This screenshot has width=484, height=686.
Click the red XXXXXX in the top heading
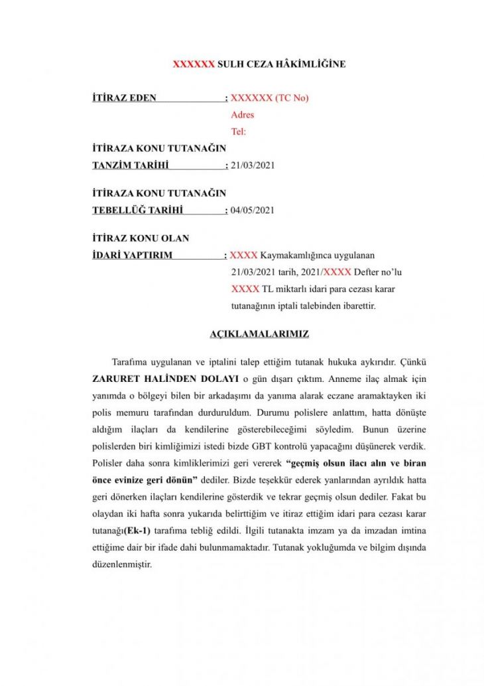pos(194,64)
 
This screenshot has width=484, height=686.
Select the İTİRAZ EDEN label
pos(125,98)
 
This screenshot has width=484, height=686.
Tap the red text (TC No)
pos(292,98)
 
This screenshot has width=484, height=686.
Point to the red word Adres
pos(242,115)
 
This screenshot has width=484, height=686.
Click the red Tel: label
pos(238,131)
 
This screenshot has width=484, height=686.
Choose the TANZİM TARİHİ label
pos(131,165)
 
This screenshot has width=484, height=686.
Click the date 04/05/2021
pos(253,210)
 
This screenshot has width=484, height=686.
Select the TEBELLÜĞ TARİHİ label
pos(137,210)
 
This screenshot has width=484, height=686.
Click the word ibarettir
pos(357,306)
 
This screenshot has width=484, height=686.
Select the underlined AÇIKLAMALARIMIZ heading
pos(259,334)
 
